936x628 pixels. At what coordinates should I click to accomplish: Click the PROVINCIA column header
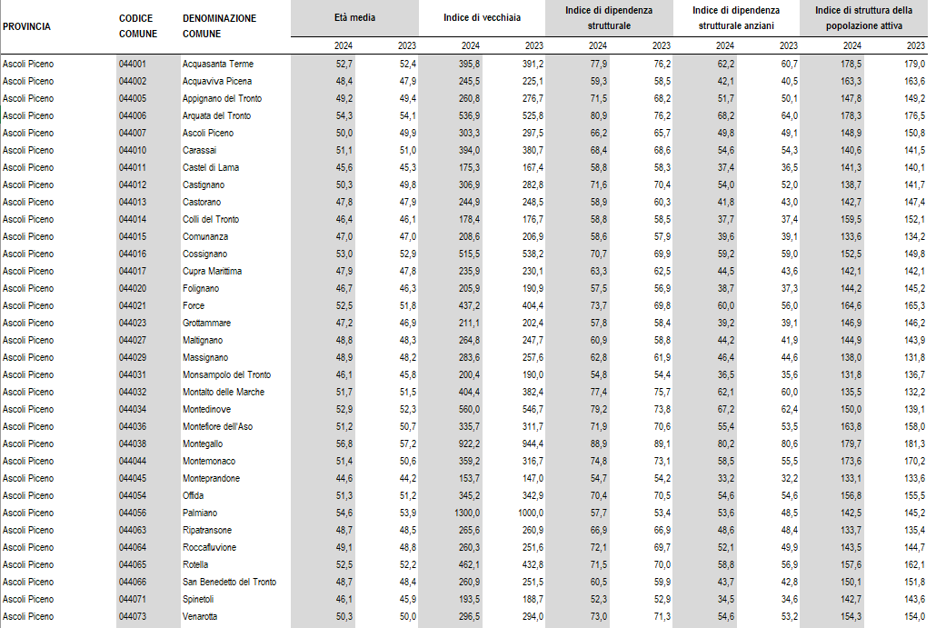[27, 26]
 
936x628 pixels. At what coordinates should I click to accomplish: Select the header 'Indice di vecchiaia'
[482, 18]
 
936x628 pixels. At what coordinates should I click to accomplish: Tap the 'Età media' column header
[354, 18]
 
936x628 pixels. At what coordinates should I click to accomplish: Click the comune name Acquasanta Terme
[218, 64]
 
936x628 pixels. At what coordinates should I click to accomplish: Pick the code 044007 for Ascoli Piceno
[133, 133]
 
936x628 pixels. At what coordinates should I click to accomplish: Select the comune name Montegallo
[202, 444]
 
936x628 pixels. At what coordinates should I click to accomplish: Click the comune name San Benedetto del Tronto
[229, 582]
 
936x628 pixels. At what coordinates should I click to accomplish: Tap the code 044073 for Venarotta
[133, 616]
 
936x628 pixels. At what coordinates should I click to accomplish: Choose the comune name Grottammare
[206, 323]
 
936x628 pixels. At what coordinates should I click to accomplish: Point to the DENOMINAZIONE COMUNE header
[219, 25]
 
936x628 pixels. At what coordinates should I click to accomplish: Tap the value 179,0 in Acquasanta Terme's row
[914, 64]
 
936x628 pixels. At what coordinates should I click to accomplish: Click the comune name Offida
[194, 495]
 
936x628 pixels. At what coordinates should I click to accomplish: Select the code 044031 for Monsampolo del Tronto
[133, 374]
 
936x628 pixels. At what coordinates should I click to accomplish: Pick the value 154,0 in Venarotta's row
[914, 616]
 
